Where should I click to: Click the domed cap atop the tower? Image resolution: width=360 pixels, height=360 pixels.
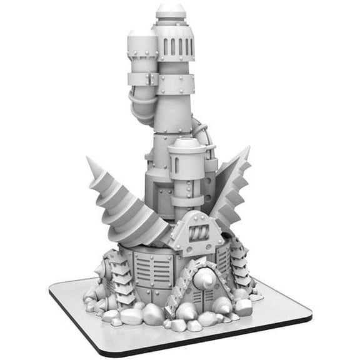[x=170, y=11]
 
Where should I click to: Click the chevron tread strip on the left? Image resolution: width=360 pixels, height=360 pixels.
[x=123, y=275]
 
